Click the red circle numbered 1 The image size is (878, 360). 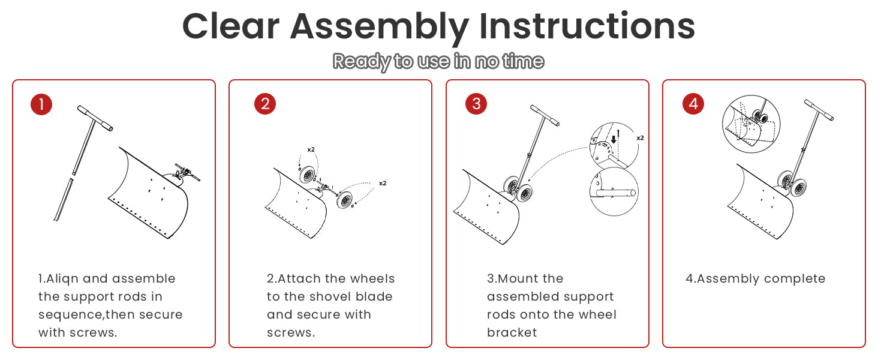pos(41,104)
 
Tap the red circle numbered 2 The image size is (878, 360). pos(265,104)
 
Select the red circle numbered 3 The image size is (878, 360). pos(476,104)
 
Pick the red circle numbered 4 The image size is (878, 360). pos(693,104)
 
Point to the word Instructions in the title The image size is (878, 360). pos(587,26)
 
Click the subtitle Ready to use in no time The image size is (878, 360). pos(438,62)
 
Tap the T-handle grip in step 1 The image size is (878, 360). pos(95,118)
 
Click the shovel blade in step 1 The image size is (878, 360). pos(148,193)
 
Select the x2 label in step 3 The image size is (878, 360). pos(640,138)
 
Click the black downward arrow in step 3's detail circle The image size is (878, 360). pos(614,139)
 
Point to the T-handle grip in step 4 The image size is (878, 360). pos(819,110)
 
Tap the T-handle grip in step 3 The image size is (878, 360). pos(545,115)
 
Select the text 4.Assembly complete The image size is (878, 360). pos(755,279)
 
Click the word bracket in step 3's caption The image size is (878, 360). pos(512,332)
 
